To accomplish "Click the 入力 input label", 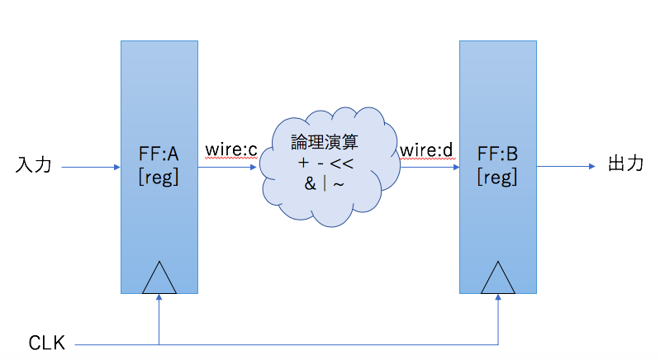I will (34, 166).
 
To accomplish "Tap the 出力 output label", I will (625, 164).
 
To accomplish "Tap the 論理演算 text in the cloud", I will (325, 143).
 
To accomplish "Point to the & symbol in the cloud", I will (310, 183).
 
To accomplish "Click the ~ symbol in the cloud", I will (339, 183).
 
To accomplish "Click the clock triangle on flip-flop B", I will (498, 279).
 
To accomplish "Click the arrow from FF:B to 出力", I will (566, 166).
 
